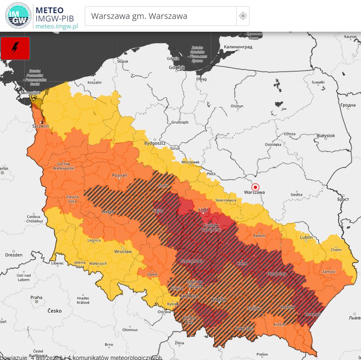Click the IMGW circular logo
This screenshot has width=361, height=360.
(x=18, y=16)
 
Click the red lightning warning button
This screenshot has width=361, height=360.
(x=15, y=48)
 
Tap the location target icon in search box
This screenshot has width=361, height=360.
(x=243, y=16)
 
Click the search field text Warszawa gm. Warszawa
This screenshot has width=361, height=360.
(x=139, y=16)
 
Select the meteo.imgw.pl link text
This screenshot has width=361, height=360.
(x=56, y=26)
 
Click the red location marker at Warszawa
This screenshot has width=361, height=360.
(x=255, y=187)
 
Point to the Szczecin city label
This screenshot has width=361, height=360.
(x=41, y=126)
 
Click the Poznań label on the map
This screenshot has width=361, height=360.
(x=119, y=175)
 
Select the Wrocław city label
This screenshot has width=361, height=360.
(x=123, y=251)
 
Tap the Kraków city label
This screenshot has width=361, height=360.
(x=219, y=300)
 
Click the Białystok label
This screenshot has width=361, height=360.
(x=326, y=136)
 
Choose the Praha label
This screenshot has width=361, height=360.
(x=36, y=297)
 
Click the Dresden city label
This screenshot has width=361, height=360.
(x=14, y=255)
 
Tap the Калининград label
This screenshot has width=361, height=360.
(x=238, y=47)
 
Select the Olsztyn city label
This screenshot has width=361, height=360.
(x=237, y=106)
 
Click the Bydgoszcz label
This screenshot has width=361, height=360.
(x=154, y=143)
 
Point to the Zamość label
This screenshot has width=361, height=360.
(x=329, y=271)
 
